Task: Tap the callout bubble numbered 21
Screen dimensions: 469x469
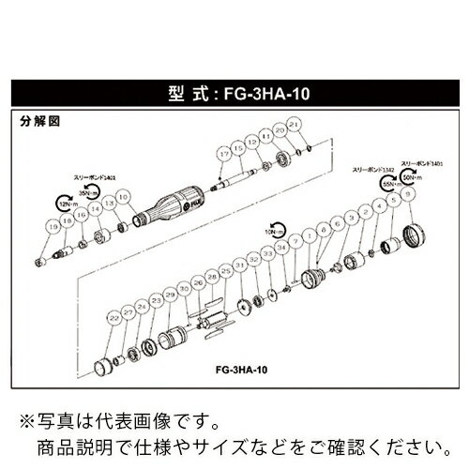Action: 294,126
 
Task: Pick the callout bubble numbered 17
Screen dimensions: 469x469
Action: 222,152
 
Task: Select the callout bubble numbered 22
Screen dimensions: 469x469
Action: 114,319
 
